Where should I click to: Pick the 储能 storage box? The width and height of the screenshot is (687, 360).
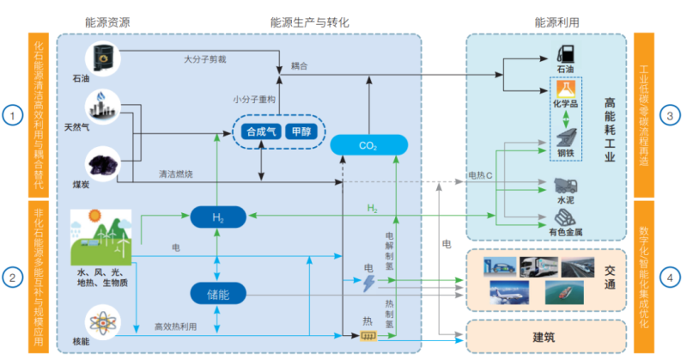[218, 294]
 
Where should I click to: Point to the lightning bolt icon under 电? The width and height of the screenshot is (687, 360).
[370, 283]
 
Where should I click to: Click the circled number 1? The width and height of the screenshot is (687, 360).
[11, 115]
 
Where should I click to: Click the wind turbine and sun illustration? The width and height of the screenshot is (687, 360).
[101, 236]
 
